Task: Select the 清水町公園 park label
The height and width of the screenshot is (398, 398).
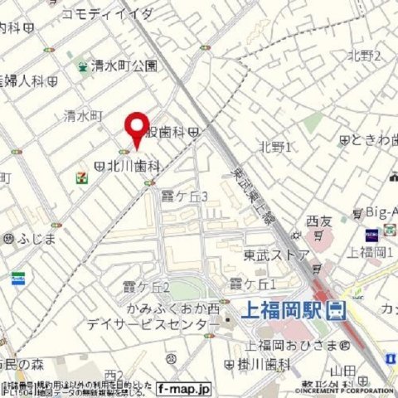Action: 124,65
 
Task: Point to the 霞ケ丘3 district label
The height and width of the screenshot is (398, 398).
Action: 185,196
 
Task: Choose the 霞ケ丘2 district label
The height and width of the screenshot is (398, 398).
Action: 146,287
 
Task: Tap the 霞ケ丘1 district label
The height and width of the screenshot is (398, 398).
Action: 252,284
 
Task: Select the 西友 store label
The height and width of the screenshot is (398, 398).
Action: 318,221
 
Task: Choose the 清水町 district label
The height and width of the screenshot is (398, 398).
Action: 82,116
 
